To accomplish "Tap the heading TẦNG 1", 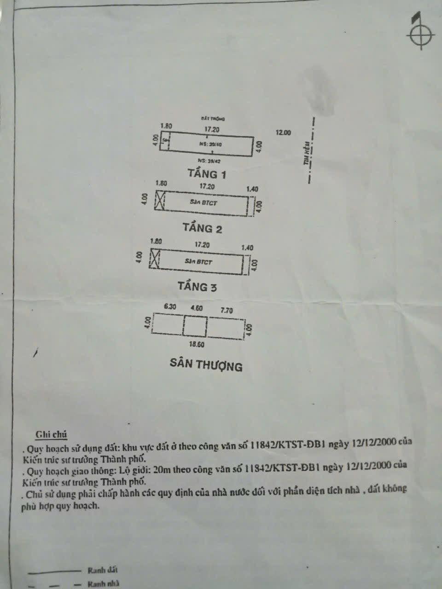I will pos(207,174).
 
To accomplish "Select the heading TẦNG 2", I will pos(202,228).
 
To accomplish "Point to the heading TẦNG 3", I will pos(198,286).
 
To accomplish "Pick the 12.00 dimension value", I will pos(284,133).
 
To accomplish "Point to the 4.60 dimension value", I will pos(196,309).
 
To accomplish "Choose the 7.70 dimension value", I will pos(227,310).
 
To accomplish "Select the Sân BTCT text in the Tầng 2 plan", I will pos(201,202).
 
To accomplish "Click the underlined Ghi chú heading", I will pos(52,434).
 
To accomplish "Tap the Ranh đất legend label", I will pos(99,571).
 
